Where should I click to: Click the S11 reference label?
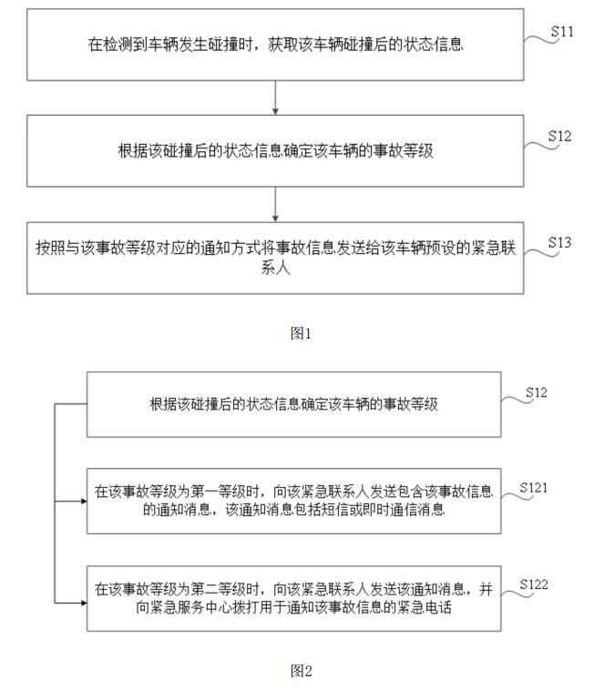coord(562,32)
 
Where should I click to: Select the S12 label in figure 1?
coord(560,137)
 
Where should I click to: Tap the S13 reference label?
coord(560,242)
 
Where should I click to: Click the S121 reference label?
coord(534,488)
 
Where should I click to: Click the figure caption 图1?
coord(301,333)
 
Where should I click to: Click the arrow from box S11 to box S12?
coord(275,97)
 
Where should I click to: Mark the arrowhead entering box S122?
coord(81,601)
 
